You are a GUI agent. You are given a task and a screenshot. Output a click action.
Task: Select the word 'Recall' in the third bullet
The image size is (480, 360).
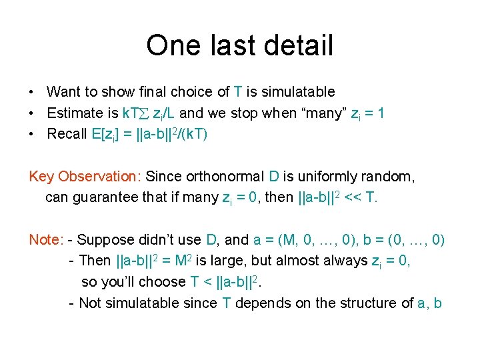(67, 134)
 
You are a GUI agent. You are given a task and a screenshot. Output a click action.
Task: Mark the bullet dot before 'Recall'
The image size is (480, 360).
(32, 135)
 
